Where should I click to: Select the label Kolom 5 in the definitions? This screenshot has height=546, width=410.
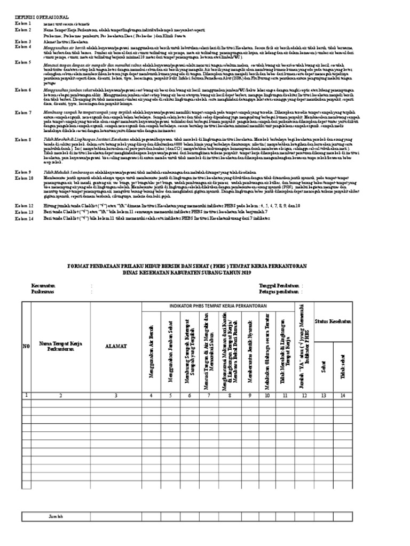[23, 62]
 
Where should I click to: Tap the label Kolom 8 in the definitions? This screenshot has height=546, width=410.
[23, 140]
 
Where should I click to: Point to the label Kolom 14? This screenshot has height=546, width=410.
[23, 218]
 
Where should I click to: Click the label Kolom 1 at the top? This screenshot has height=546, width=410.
[23, 24]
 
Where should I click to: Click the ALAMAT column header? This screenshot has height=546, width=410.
[116, 347]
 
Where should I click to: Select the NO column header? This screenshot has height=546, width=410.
[25, 347]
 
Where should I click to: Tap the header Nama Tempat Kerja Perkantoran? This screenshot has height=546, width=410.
[60, 347]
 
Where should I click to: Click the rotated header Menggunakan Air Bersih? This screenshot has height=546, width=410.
[152, 355]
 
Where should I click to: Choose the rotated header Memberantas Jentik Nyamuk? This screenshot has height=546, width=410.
[248, 355]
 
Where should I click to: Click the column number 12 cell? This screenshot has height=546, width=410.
[305, 395]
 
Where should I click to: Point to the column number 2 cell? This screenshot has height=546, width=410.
[60, 395]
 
